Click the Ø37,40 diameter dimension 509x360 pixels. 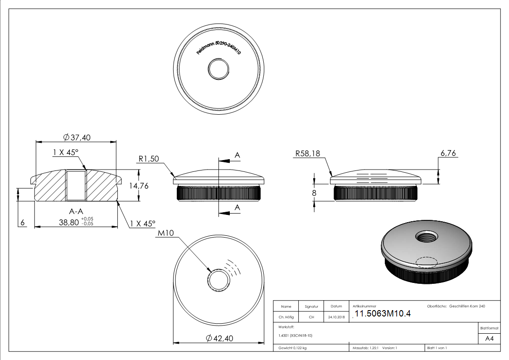[77, 137]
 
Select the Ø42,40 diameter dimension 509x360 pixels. [219, 338]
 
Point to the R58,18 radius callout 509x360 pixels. [307, 154]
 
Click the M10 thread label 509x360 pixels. [166, 234]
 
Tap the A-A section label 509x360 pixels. [76, 211]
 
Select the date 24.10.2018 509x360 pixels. [336, 317]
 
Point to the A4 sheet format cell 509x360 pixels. [489, 339]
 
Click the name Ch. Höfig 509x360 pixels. [286, 317]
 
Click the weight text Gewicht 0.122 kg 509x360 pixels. [292, 348]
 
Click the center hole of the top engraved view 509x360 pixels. [219, 69]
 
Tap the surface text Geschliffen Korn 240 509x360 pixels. [467, 306]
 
